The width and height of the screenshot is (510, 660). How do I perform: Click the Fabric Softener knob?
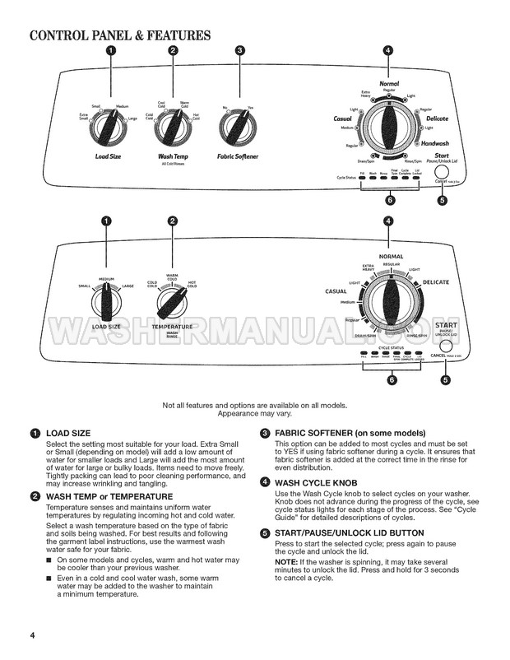tap(238, 128)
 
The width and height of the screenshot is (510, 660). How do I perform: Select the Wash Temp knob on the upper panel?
tap(173, 128)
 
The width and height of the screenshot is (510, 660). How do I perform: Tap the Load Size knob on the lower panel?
tap(107, 304)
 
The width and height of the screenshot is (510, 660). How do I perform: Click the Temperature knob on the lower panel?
tap(172, 304)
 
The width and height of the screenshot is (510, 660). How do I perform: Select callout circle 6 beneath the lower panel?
tap(392, 380)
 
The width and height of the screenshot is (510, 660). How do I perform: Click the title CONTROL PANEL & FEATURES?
tap(120, 35)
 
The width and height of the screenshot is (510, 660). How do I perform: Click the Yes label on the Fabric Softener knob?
tap(250, 108)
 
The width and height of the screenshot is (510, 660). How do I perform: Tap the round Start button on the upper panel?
tap(441, 172)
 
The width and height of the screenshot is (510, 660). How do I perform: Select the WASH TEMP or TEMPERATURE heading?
tap(109, 496)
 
